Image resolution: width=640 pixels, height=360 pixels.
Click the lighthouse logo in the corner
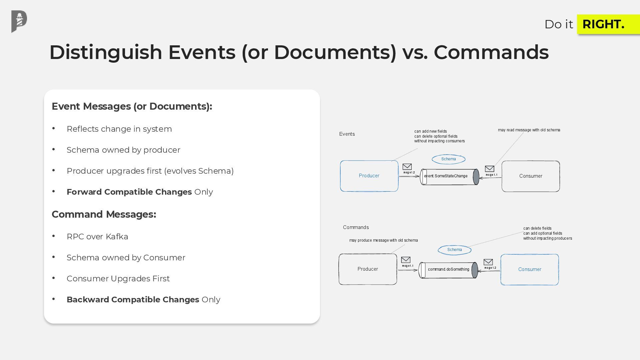point(19,21)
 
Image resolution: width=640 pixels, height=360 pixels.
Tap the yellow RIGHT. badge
point(608,24)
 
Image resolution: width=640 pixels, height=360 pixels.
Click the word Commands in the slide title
point(491,52)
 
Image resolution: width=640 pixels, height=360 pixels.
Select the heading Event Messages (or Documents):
point(132,106)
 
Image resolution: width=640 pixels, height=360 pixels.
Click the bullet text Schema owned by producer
point(123,150)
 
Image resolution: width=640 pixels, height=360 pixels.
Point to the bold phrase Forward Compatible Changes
point(129,192)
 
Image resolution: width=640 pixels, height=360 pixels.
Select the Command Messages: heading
point(104,214)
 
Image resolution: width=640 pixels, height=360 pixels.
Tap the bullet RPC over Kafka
point(97,237)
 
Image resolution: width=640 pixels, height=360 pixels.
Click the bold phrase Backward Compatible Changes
point(133,300)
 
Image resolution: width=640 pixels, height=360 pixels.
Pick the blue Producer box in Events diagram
point(369,176)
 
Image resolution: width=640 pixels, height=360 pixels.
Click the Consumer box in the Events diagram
point(531,176)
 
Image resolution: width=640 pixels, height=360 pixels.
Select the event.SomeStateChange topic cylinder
point(449,176)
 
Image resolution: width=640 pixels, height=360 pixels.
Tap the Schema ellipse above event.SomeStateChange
point(448,159)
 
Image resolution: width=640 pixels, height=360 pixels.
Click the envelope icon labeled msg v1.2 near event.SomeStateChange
point(407,167)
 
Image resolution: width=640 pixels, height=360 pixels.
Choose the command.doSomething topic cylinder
point(448,270)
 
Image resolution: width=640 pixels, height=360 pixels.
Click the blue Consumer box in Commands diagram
point(529,270)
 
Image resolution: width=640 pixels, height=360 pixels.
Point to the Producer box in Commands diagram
point(368,269)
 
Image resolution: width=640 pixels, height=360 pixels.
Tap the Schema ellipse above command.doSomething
point(454,250)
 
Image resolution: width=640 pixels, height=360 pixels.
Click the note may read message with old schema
point(529,130)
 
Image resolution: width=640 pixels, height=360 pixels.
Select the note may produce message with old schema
point(383,240)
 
